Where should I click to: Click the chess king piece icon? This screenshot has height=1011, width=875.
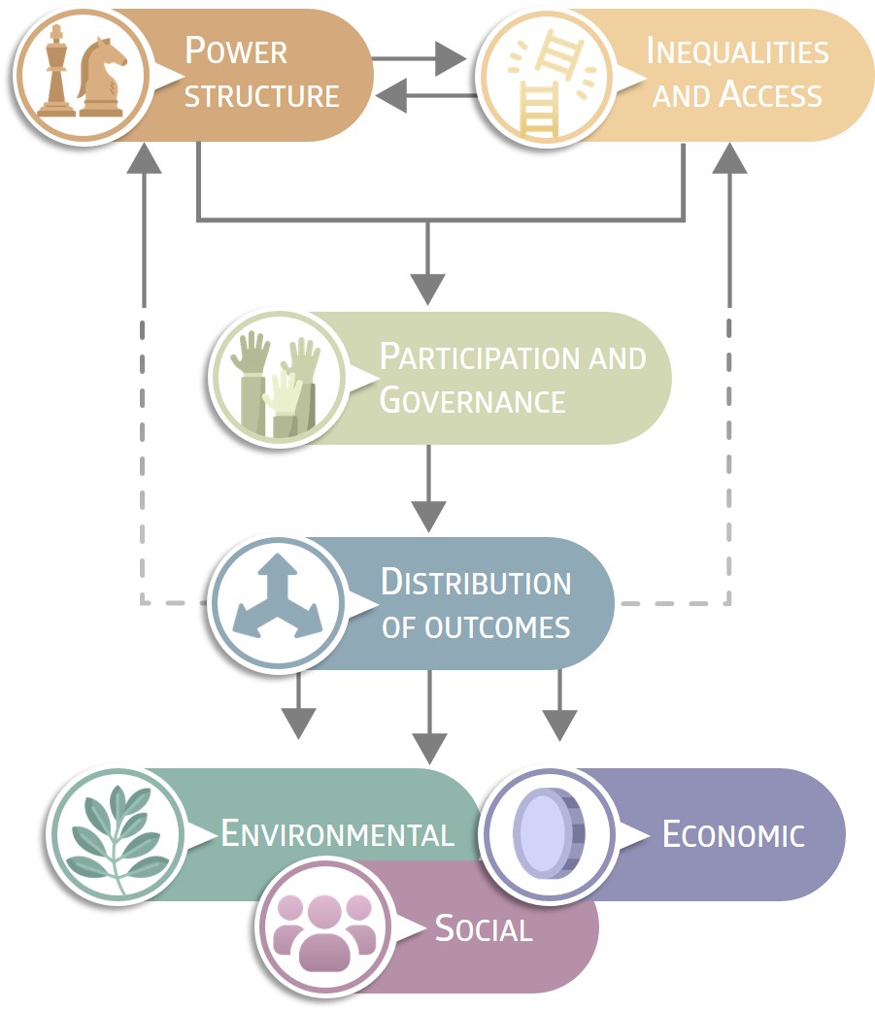[x=56, y=73]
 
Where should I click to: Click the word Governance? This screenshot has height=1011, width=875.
[x=472, y=400]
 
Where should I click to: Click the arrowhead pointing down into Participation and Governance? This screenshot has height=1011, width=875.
[x=428, y=286]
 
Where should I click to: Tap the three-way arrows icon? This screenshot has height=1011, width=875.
[x=278, y=603]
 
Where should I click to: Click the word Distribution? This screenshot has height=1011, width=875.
[x=476, y=582]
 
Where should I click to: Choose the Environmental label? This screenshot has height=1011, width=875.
[x=337, y=833]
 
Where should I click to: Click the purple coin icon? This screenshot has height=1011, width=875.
[x=548, y=833]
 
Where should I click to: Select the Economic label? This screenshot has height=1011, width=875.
[x=733, y=833]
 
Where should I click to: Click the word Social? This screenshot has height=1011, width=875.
[x=484, y=928]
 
